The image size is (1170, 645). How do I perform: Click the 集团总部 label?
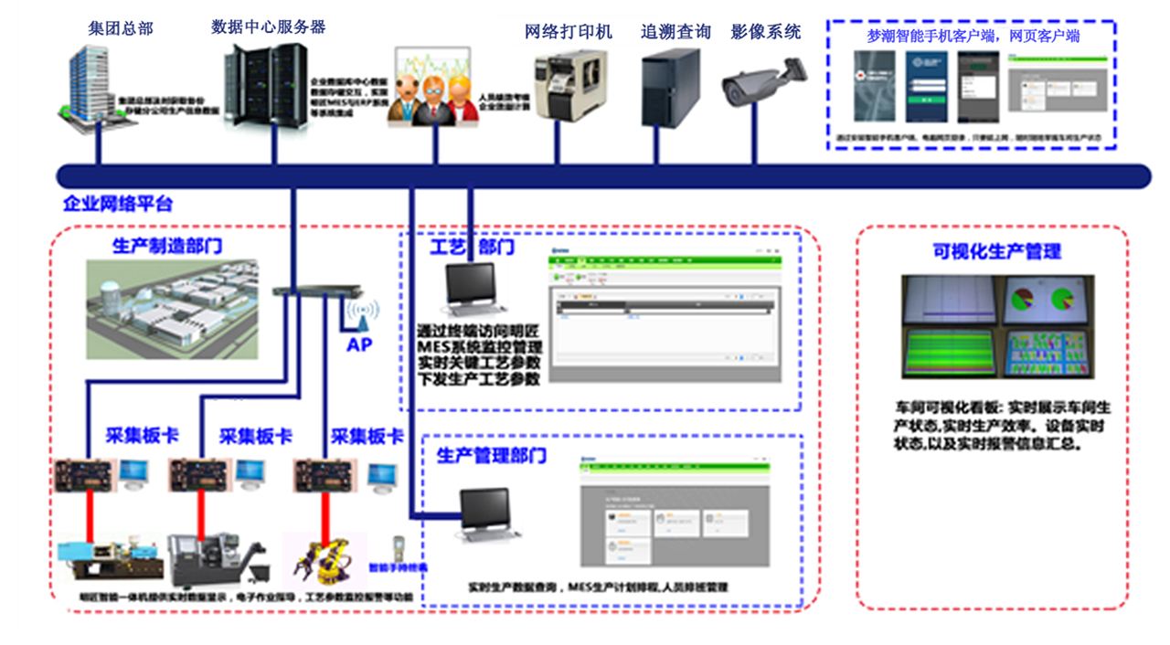[122, 28]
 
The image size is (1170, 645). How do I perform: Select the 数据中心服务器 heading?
[268, 27]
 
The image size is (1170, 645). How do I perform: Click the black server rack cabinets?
[265, 87]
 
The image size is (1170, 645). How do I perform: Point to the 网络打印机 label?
[568, 32]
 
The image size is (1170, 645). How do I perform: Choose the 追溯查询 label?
[675, 32]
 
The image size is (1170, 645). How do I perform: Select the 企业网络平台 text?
[118, 204]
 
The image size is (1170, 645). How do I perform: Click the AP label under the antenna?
[359, 345]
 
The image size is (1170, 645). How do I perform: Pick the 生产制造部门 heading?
[167, 246]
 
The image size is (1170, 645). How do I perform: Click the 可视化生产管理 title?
[996, 251]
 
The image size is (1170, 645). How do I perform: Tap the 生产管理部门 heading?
[492, 455]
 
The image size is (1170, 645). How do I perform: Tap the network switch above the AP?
[311, 292]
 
